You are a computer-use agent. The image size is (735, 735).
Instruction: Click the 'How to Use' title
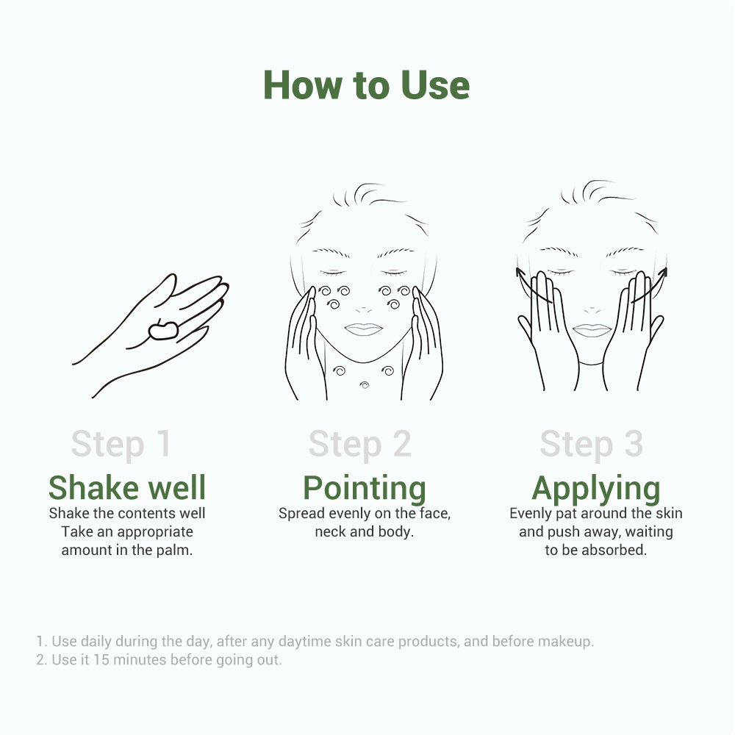click(367, 85)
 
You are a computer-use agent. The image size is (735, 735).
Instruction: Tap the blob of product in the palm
click(163, 330)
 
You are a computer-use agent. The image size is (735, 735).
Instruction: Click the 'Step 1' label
click(121, 444)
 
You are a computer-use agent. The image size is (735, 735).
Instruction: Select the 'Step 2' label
click(360, 444)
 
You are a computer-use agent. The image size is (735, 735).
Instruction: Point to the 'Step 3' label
click(592, 444)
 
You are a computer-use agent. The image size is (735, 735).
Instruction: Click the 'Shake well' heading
click(127, 487)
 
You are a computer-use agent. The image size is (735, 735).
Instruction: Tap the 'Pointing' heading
click(365, 490)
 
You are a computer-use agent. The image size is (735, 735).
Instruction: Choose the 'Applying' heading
click(596, 490)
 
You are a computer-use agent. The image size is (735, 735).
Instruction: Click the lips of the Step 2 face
click(364, 329)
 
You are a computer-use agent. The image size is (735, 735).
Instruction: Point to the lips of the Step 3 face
click(592, 330)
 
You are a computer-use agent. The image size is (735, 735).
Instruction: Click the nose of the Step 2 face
click(364, 310)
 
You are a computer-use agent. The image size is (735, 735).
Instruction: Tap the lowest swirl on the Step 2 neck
click(365, 385)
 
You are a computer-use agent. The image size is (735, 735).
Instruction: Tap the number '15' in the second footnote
click(101, 659)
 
